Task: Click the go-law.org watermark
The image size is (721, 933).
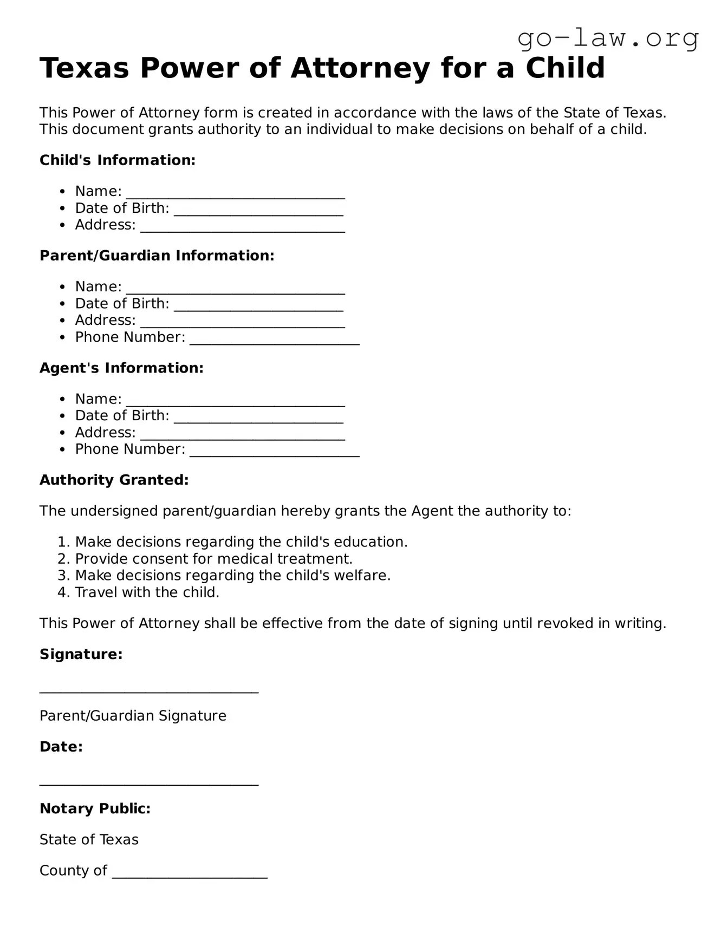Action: coord(608,38)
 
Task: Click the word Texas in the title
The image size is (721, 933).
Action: coord(84,68)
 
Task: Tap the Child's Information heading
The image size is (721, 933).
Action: coord(117,160)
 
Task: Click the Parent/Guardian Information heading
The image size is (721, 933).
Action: coord(157,256)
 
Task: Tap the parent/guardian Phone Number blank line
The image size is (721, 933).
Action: coord(274,341)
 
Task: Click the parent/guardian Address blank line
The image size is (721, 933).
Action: coord(242,324)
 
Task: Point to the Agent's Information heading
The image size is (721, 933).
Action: coord(121,368)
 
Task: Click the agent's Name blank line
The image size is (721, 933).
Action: coord(235,402)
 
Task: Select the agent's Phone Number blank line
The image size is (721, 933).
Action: coord(274,453)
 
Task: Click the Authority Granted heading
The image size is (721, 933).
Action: coord(114,480)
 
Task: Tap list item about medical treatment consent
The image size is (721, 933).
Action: coord(213,559)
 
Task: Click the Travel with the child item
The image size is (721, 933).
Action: coord(147,592)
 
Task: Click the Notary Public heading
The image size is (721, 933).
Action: coord(95,809)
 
